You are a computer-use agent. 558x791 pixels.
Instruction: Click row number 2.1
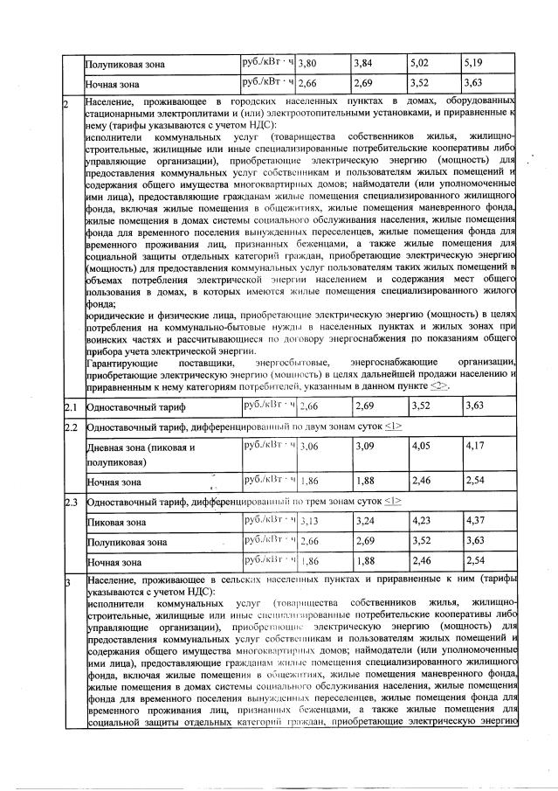[x=72, y=406]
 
